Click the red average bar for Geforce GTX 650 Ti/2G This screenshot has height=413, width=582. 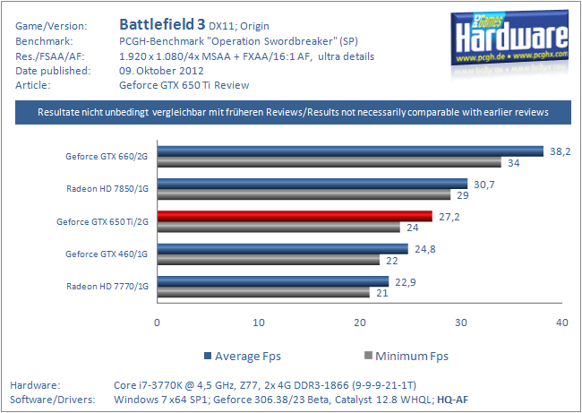[295, 216]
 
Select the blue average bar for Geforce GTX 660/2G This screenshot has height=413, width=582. [350, 151]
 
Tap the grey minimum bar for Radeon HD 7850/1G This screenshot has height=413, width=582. [304, 194]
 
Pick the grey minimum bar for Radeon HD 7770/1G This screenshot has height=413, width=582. [263, 292]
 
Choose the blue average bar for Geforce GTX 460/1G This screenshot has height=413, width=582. [282, 248]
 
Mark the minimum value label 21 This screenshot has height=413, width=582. [381, 292]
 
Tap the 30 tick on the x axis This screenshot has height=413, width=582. [461, 323]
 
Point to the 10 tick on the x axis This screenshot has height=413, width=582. [259, 323]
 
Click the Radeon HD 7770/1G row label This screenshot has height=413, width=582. [107, 286]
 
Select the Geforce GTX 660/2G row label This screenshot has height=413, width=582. [107, 156]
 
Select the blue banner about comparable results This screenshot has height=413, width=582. [292, 112]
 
